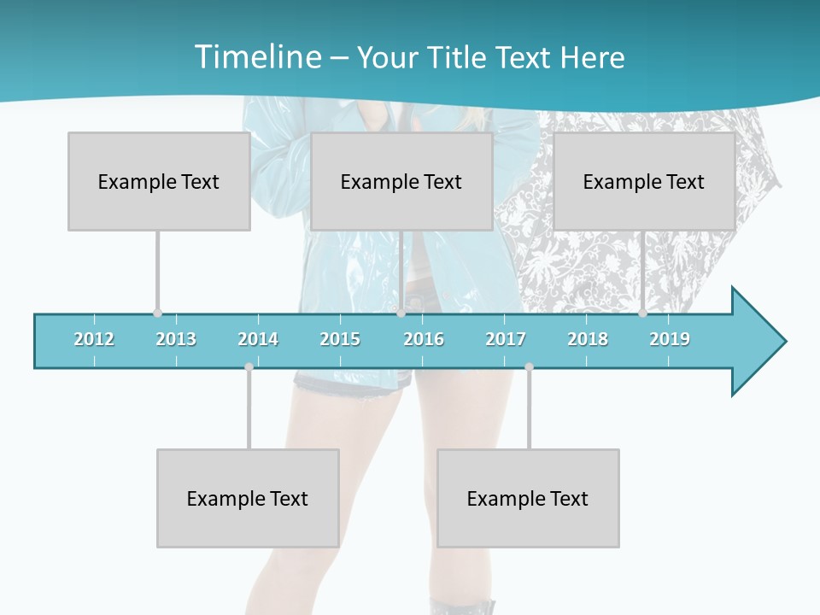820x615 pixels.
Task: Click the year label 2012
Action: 94,339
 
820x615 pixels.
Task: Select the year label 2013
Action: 176,339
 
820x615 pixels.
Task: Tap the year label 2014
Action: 258,339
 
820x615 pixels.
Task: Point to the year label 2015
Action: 340,339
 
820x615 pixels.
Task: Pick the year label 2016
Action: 424,339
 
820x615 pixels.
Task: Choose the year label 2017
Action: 506,339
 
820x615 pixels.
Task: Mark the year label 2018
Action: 588,339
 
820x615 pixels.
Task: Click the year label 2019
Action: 670,339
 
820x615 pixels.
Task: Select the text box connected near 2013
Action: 159,181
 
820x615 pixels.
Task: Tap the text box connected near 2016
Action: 401,181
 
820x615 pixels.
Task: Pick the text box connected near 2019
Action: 644,181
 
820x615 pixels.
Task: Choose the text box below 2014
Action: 248,498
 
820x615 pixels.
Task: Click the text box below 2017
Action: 528,498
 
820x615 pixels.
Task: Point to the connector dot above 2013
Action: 157,313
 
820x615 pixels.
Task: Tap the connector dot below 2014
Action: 249,366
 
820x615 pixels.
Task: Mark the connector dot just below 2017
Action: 529,366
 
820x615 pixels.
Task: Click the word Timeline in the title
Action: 257,57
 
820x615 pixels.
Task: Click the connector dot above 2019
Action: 642,313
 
